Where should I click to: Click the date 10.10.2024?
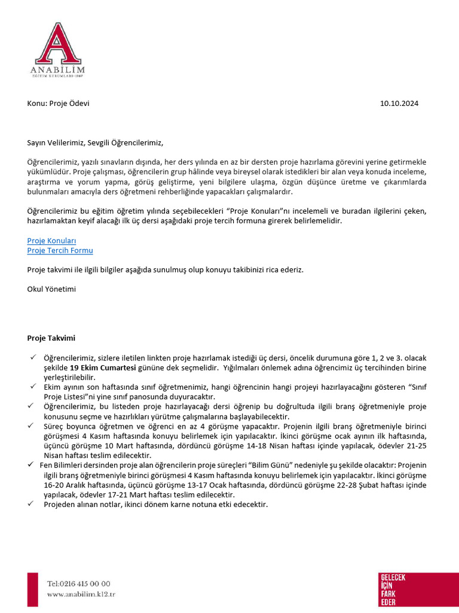[399, 103]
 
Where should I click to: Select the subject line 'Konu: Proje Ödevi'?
[58, 103]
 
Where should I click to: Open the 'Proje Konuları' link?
[51, 241]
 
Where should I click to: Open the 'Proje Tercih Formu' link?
[60, 250]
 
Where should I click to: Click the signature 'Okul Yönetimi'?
[51, 289]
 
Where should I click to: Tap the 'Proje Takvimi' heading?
[51, 338]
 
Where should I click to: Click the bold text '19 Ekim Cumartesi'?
[103, 367]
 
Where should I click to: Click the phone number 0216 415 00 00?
[79, 584]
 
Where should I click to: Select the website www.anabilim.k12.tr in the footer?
[81, 594]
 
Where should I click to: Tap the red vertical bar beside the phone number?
[32, 589]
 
